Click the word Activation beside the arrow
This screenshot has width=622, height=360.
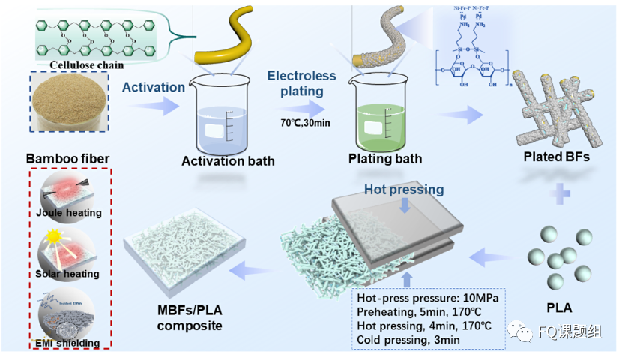(154, 87)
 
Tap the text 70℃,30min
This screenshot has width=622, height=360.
(297, 121)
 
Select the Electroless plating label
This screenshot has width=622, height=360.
(296, 83)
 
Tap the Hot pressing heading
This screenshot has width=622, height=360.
(404, 190)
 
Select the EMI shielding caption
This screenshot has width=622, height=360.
(67, 343)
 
